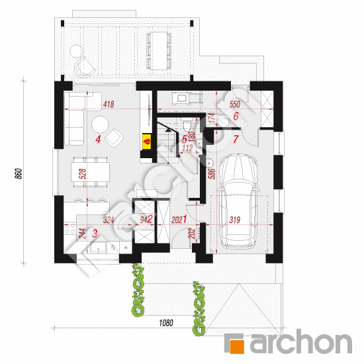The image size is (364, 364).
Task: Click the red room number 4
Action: pyautogui.click(x=97, y=139)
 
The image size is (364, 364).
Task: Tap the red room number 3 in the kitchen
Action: pyautogui.click(x=95, y=233)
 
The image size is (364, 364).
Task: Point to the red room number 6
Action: pyautogui.click(x=236, y=116)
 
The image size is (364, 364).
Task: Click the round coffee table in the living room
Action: pyautogui.click(x=100, y=124)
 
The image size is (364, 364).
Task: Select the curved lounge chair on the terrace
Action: pyautogui.click(x=85, y=65)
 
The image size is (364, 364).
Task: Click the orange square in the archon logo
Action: pyautogui.click(x=236, y=343)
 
